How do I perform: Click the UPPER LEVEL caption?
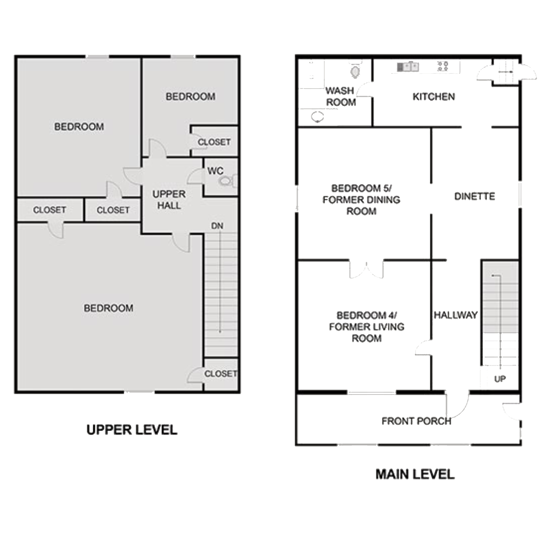coord(132,429)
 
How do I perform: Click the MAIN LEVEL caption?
coord(415,474)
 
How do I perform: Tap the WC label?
coord(215,171)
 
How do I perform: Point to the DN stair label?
coord(217,226)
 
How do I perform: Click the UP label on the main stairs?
coord(500,379)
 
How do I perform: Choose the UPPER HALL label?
coord(169,200)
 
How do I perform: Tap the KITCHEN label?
coord(434,96)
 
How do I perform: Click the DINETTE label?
coord(474,196)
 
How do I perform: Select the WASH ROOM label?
coord(341,96)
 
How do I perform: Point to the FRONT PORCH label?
coord(416,421)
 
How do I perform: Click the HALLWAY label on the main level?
coord(455,315)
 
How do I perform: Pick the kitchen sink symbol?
coord(408,66)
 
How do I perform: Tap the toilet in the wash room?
coord(356,71)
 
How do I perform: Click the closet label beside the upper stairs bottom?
coord(221,373)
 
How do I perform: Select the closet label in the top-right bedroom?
coord(214,142)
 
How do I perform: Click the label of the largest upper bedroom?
coord(108,308)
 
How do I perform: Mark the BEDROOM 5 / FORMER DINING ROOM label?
coord(362,200)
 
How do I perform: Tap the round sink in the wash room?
coord(317,117)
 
